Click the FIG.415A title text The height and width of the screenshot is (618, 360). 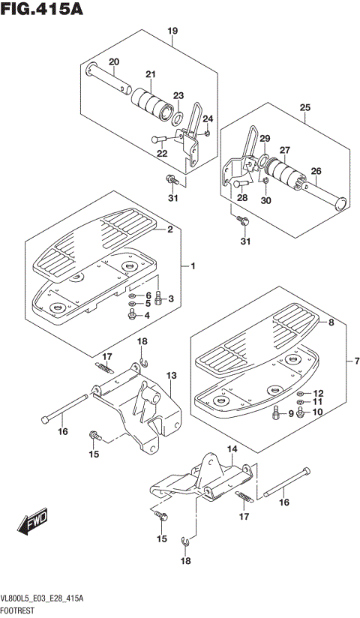(42, 8)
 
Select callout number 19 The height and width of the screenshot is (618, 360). (172, 31)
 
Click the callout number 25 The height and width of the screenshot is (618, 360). (304, 107)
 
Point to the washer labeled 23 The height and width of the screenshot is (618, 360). (178, 117)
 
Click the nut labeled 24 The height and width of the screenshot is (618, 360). (208, 133)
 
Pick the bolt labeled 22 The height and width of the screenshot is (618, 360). (159, 139)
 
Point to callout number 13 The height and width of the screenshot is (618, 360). (172, 375)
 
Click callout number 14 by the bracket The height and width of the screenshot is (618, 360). (232, 449)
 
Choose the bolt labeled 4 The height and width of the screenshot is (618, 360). (133, 315)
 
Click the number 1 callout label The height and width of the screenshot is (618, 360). (193, 267)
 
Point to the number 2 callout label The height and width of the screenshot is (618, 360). (169, 229)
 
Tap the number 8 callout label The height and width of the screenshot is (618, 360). (331, 322)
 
